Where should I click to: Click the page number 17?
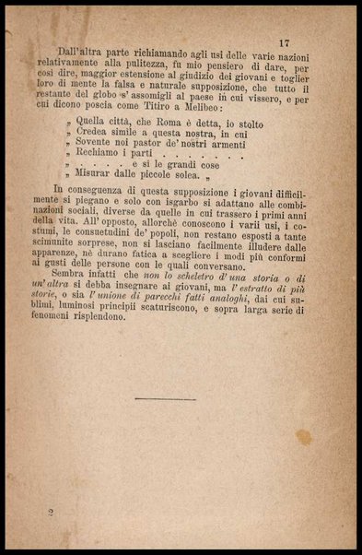point(284,42)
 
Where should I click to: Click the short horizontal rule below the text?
point(165,399)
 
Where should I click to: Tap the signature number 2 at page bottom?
point(52,510)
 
